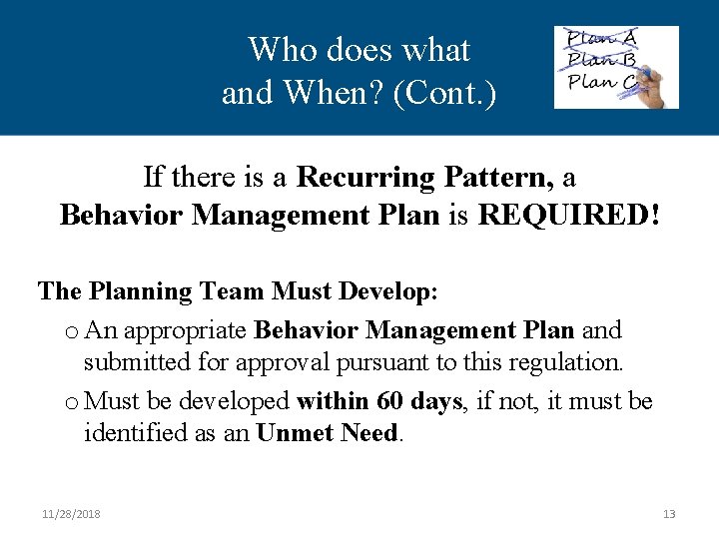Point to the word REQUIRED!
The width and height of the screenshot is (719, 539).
point(569,215)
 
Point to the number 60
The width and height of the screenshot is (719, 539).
point(390,401)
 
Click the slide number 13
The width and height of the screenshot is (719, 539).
point(669,514)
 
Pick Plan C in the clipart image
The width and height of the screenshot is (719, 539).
point(599,80)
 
